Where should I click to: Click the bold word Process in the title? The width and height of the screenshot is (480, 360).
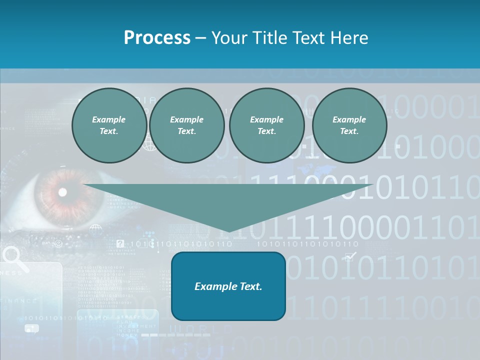click(157, 38)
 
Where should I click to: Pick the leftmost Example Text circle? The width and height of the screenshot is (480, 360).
click(109, 125)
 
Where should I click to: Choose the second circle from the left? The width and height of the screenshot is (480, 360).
click(186, 125)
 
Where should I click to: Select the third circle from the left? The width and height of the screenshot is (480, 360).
click(266, 125)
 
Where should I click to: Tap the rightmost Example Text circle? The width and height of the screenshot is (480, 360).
click(349, 125)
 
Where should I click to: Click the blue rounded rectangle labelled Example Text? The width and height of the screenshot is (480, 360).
click(228, 286)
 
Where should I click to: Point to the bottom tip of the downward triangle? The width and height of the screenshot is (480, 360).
click(228, 231)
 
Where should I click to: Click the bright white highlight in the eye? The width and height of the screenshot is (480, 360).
click(62, 192)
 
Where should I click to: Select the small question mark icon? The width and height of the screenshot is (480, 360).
click(120, 244)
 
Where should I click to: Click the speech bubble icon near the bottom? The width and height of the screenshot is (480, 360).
click(31, 328)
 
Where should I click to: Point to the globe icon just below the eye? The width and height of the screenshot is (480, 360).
click(95, 230)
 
